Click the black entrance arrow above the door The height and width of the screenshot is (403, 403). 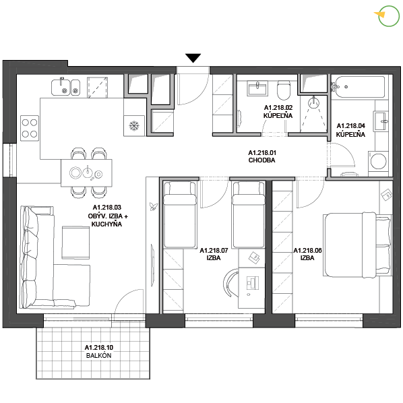(193, 58)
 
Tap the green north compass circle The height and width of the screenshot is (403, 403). (389, 16)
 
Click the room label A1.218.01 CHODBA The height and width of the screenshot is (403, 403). (262, 156)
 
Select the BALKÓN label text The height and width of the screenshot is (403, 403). (98, 356)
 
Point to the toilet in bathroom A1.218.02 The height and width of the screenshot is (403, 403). (284, 90)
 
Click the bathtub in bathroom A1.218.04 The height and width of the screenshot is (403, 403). (358, 87)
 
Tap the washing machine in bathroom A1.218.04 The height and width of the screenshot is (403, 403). (378, 161)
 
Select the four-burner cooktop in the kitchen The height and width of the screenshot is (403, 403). (30, 128)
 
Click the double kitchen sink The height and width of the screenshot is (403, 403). (66, 87)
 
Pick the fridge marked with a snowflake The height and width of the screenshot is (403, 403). (134, 125)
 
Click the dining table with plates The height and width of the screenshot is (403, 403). (86, 173)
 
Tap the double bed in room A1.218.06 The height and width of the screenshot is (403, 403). (357, 245)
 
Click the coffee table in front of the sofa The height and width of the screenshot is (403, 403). (76, 243)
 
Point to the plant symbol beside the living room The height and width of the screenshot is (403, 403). (154, 206)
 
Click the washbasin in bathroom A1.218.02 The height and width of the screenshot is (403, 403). (257, 88)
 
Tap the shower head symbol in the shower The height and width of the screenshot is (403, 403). (313, 102)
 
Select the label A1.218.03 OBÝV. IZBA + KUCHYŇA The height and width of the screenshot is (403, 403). (108, 216)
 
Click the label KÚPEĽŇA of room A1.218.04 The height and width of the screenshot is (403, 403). (350, 134)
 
